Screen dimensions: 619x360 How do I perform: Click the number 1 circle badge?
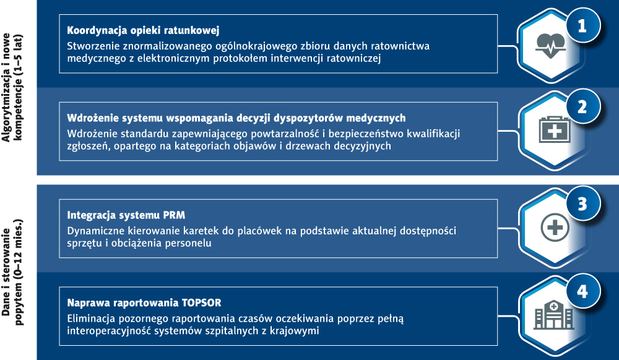[x=582, y=25]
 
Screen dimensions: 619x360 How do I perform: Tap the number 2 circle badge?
[x=582, y=107]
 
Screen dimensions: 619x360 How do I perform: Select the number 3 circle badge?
[x=582, y=204]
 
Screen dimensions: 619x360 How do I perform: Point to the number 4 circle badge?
[x=582, y=291]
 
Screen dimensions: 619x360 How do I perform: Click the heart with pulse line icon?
[x=550, y=45]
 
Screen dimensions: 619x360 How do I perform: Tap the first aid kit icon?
[x=554, y=129]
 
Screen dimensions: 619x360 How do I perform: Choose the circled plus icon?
[x=555, y=228]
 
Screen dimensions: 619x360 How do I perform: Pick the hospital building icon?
[x=553, y=315]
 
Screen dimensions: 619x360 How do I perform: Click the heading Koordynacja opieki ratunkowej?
[x=143, y=30]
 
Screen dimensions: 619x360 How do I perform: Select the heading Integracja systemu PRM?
[x=126, y=215]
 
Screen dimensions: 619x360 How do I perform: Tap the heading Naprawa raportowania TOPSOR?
[x=144, y=303]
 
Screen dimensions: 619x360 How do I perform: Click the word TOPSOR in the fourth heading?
[x=202, y=303]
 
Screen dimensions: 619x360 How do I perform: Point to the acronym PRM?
[x=174, y=215]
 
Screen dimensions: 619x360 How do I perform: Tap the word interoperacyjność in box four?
[x=109, y=330]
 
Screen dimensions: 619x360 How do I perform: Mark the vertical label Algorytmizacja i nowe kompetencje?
[x=12, y=88]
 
